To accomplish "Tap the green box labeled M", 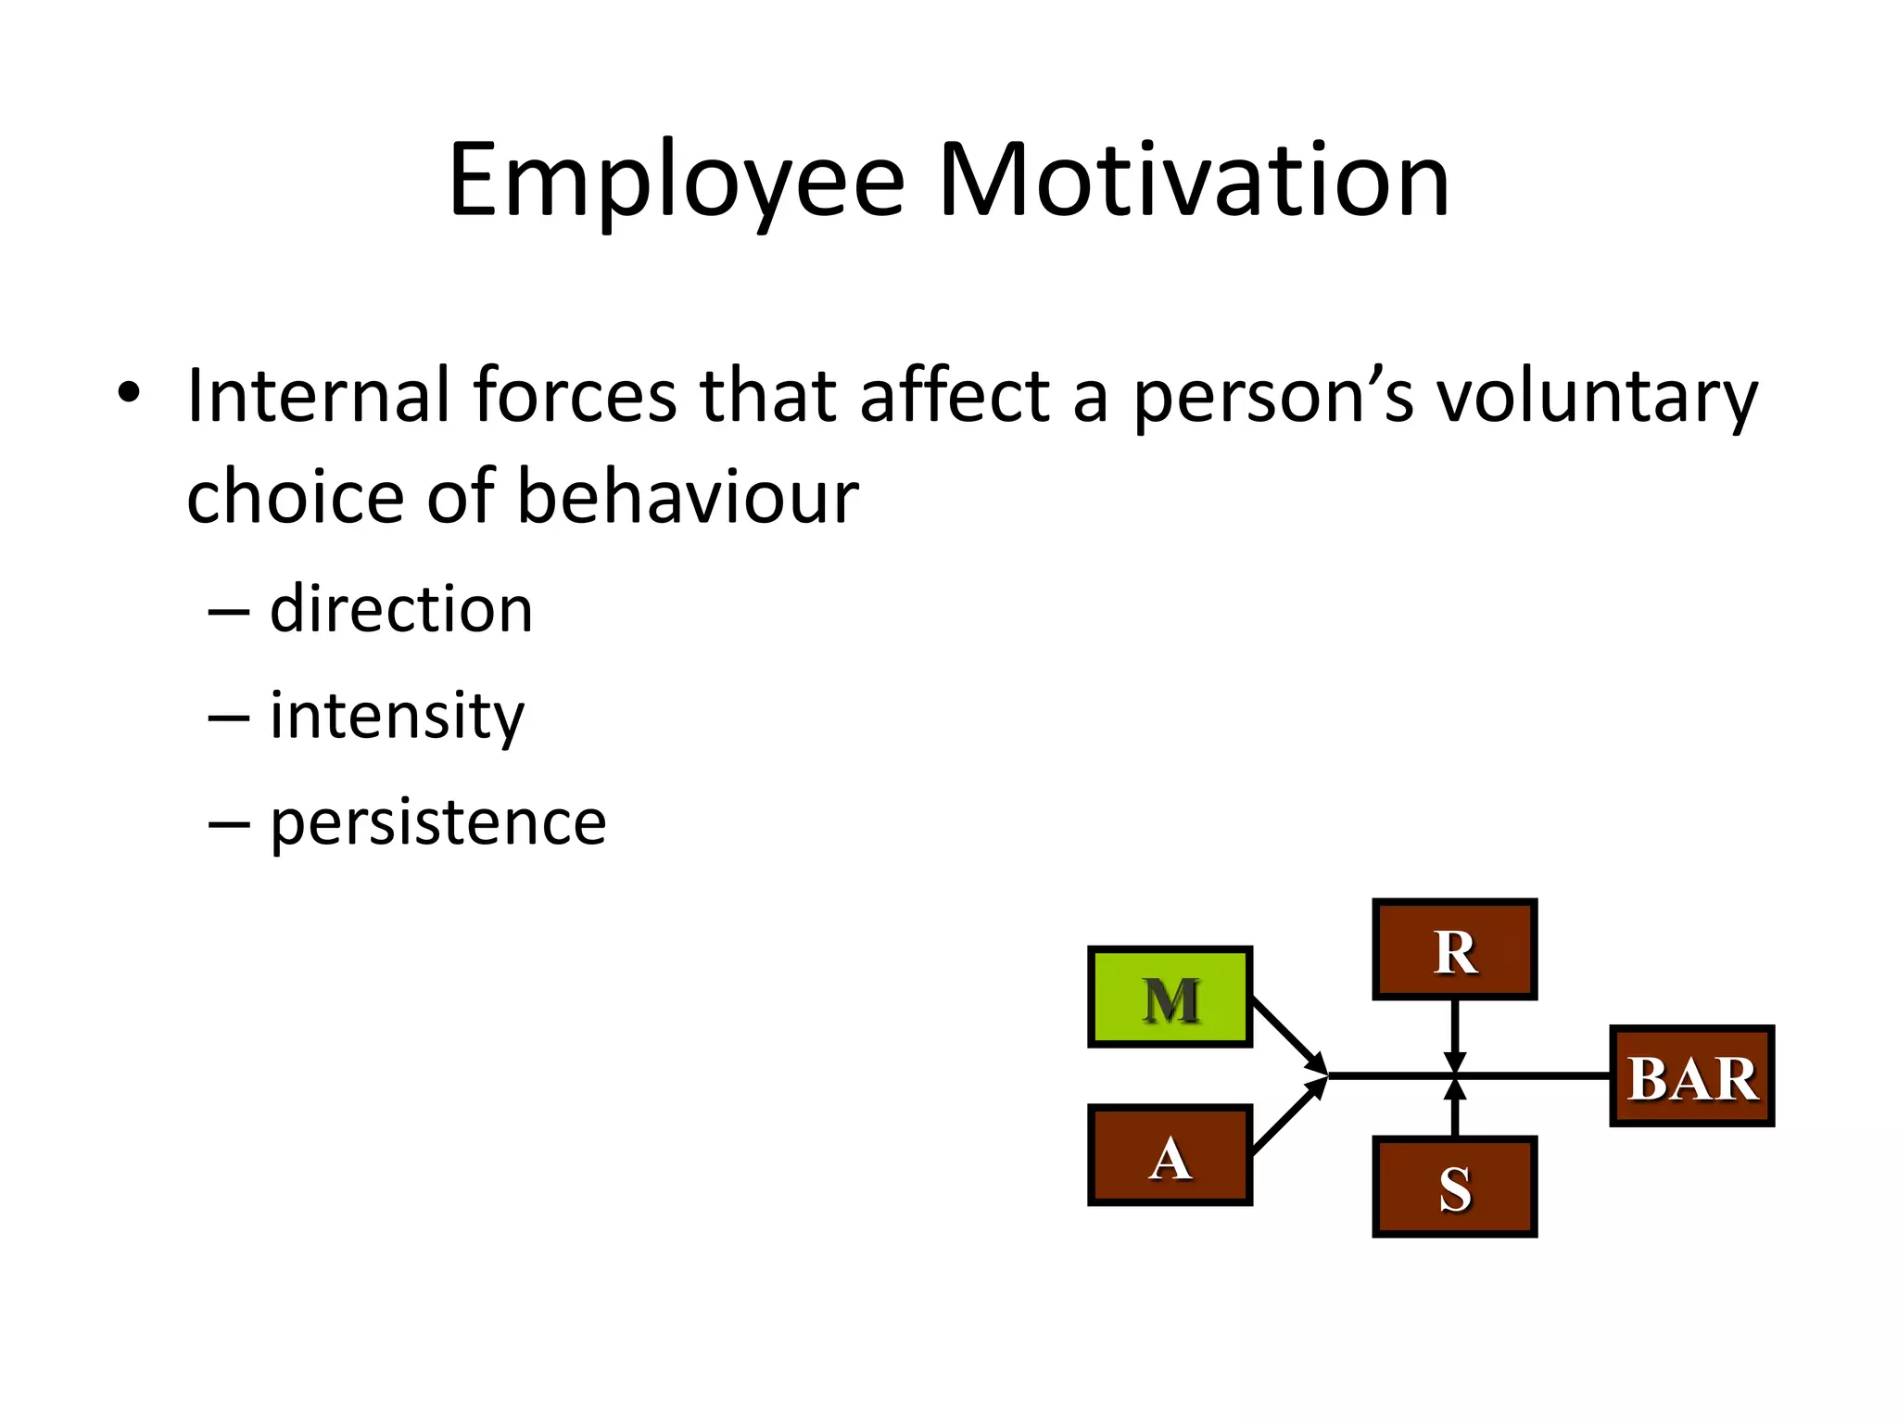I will coord(1170,998).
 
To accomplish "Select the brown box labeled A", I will coord(1170,1155).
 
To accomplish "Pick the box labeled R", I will coord(1454,949).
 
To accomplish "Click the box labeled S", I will coord(1454,1187).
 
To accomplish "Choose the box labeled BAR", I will coord(1691,1076).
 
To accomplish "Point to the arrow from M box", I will coord(1288,1035).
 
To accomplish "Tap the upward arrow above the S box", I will coord(1454,1109).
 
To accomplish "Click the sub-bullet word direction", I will coord(400,610).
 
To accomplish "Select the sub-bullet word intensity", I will coord(397,717).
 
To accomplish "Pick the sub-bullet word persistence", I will coord(437,823).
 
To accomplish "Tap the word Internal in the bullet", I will coord(318,396).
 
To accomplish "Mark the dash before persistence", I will coord(228,823).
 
